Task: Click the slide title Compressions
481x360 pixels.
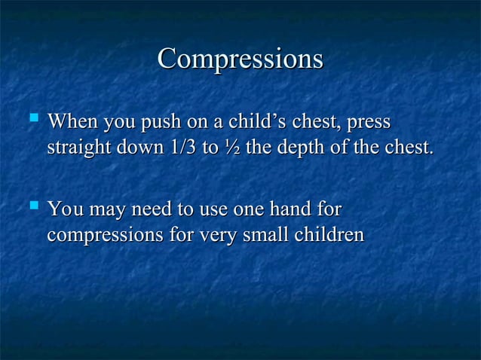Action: [x=240, y=59]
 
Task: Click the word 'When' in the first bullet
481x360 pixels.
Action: [x=70, y=121]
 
